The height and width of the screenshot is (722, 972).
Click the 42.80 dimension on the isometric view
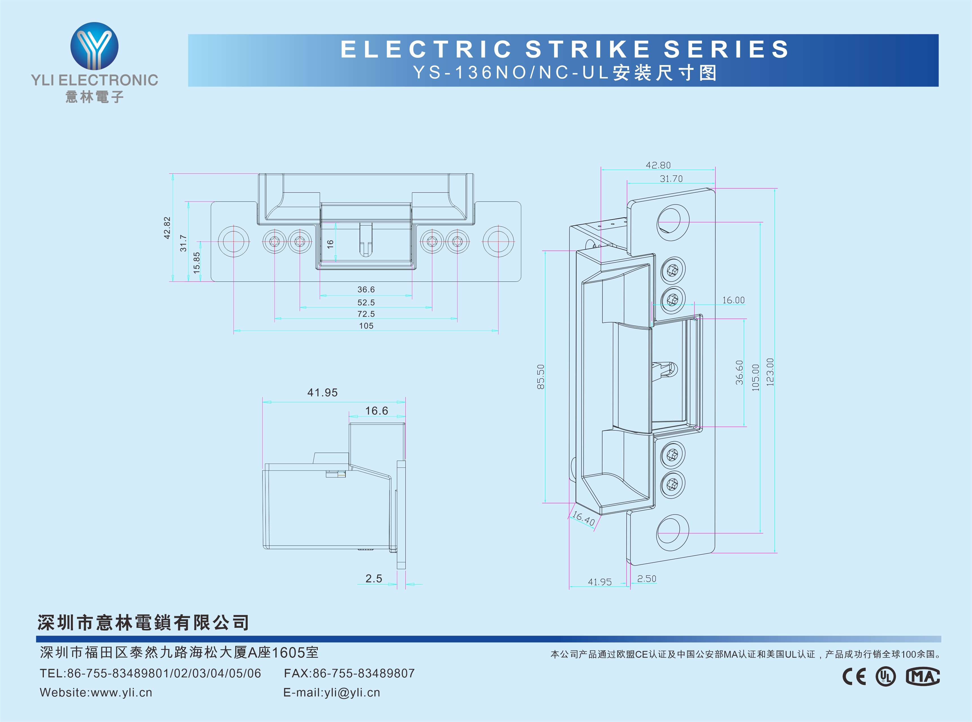658,165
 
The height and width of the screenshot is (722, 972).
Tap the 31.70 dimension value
671,179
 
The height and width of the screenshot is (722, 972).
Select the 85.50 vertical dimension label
541,377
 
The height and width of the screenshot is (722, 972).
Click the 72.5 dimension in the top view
366,314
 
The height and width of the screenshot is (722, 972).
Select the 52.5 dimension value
366,302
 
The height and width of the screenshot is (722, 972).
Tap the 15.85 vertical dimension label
196,263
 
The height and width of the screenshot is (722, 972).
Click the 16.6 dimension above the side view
376,411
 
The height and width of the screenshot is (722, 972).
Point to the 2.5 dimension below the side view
373,579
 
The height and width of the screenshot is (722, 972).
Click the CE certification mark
854,676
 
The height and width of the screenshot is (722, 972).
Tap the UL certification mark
885,676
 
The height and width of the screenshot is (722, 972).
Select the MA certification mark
922,676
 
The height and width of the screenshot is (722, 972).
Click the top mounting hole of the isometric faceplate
673,222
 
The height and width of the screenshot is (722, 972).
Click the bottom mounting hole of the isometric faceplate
672,533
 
